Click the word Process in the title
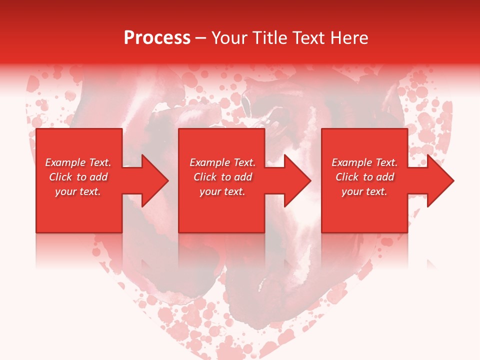pyautogui.click(x=157, y=38)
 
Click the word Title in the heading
pyautogui.click(x=269, y=38)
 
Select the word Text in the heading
pyautogui.click(x=308, y=38)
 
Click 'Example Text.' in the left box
pyautogui.click(x=78, y=162)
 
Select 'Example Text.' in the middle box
pyautogui.click(x=222, y=162)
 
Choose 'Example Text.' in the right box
pyautogui.click(x=364, y=162)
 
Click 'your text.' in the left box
pyautogui.click(x=78, y=191)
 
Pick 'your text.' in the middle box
pyautogui.click(x=222, y=191)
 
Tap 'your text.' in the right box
pyautogui.click(x=364, y=191)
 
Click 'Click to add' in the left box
pyautogui.click(x=78, y=177)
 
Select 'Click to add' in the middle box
pyautogui.click(x=222, y=177)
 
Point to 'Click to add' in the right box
pyautogui.click(x=364, y=177)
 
